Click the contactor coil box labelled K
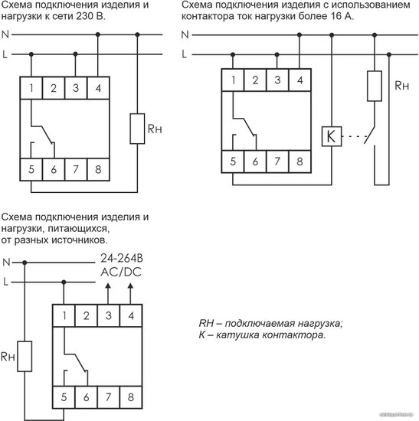pos(332,136)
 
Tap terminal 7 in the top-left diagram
pos(76,169)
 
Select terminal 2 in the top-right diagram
pos(255,80)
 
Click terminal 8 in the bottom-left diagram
pos(131,397)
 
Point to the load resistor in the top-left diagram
pos(137,129)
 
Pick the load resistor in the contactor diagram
pos(375,86)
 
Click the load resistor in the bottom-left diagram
pos(25,356)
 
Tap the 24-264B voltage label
pos(122,258)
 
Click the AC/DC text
pos(121,273)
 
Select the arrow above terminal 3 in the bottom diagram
pos(108,294)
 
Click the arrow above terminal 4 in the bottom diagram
pos(131,294)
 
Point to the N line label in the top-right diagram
pos(185,34)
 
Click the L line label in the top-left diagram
pos(5,54)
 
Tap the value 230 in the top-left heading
pos(83,16)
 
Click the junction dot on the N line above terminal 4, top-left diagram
pos(98,34)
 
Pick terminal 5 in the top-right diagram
pos(233,162)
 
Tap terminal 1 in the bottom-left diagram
pos(64,315)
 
